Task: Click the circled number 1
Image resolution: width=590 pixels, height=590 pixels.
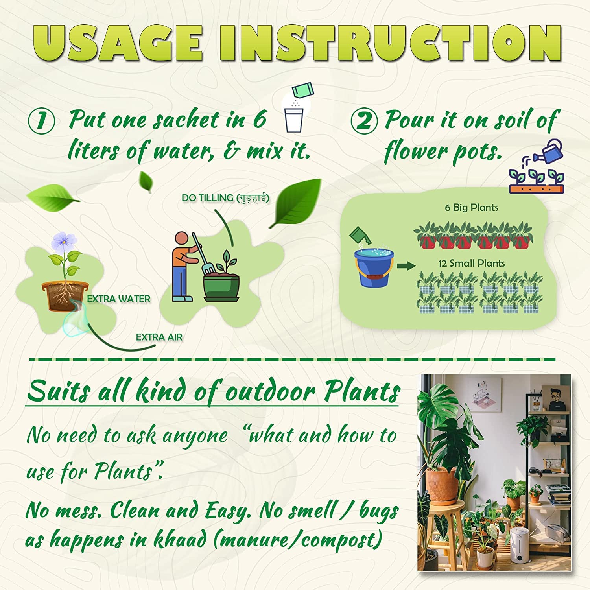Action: click(x=41, y=121)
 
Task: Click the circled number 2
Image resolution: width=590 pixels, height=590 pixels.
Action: click(x=364, y=121)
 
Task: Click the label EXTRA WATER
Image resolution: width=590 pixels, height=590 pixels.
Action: click(x=118, y=299)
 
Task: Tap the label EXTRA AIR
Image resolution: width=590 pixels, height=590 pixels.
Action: click(x=159, y=337)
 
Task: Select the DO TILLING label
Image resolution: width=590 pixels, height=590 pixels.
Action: click(x=225, y=198)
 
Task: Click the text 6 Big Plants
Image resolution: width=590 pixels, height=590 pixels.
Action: click(x=471, y=207)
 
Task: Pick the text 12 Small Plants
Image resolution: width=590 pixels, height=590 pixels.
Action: click(x=472, y=263)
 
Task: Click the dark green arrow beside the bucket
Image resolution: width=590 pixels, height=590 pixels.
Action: click(x=406, y=266)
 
